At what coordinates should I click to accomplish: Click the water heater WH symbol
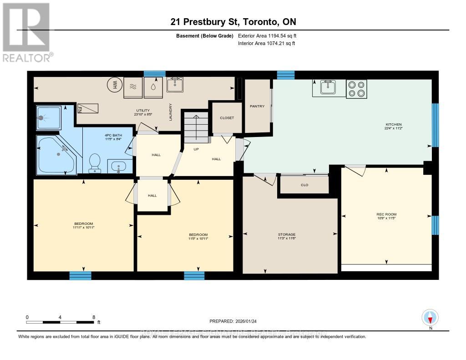[112, 85]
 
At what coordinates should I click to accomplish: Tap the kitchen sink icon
[328, 87]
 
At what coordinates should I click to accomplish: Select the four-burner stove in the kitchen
[356, 88]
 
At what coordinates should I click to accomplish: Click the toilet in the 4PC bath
[95, 164]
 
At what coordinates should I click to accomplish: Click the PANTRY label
[257, 106]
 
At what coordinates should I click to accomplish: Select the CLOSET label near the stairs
[227, 118]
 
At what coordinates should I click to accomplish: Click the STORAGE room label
[287, 235]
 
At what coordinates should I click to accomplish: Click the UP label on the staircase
[197, 149]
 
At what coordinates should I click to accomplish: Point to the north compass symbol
[430, 318]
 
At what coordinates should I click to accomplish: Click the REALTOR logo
[26, 32]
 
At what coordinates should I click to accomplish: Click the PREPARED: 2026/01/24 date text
[234, 321]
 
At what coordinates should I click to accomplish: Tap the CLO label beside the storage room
[304, 185]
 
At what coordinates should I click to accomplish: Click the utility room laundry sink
[175, 85]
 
